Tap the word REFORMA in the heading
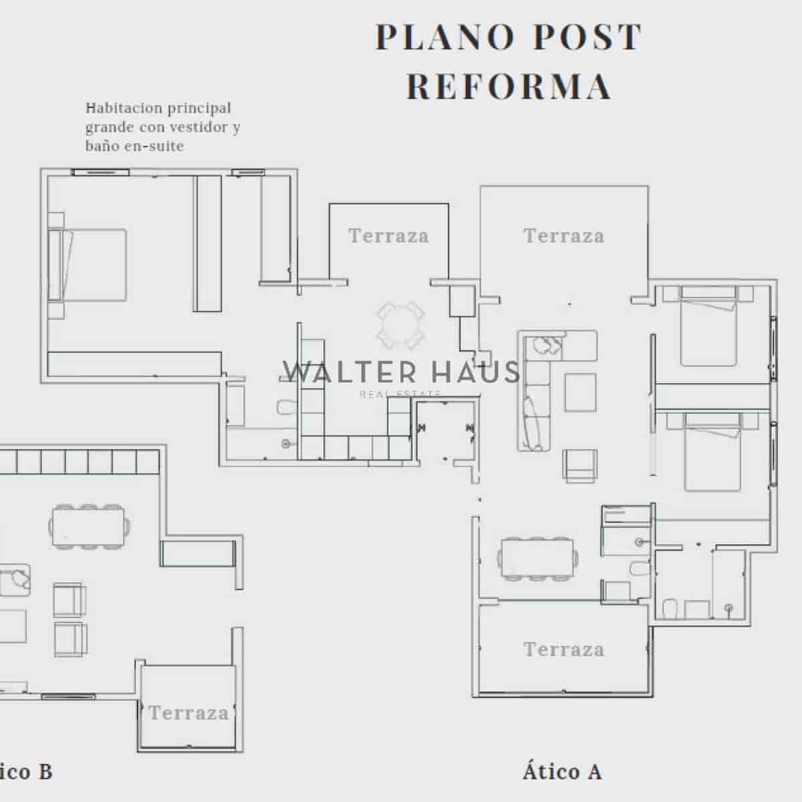(509, 87)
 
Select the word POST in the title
(586, 37)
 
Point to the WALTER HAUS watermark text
(401, 372)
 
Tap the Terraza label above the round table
(388, 236)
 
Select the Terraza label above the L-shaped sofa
(563, 236)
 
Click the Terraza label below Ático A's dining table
(563, 650)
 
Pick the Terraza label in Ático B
(188, 713)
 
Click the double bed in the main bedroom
(90, 265)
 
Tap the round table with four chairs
(400, 325)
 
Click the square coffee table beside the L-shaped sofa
(580, 392)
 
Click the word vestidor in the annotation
(193, 127)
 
